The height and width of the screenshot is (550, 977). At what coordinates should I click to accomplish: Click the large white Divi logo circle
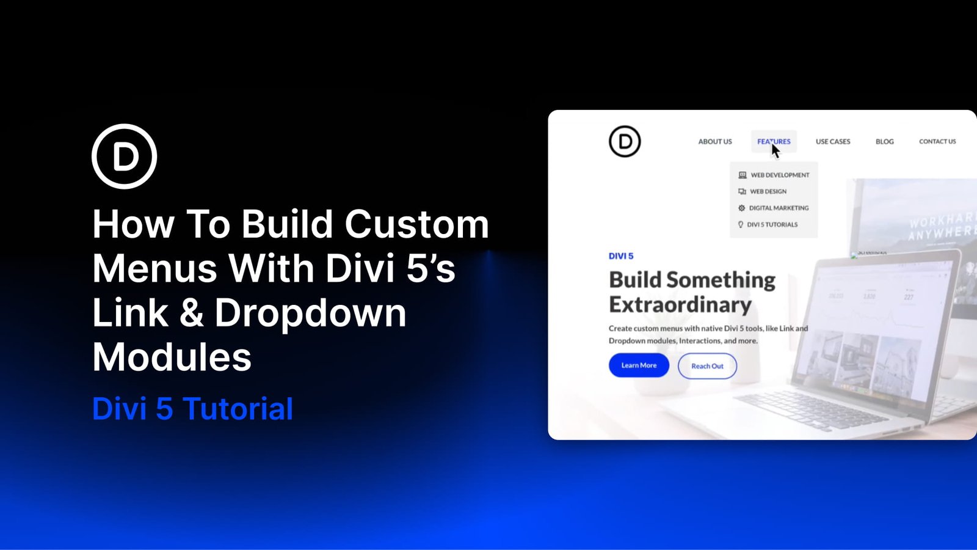click(125, 156)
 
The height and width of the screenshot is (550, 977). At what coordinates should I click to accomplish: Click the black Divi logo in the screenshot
click(625, 141)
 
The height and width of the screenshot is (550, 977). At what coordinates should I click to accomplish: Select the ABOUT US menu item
click(715, 142)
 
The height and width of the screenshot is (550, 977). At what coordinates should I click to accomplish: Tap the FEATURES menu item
click(774, 142)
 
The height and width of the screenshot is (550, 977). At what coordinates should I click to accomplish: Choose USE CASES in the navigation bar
click(833, 142)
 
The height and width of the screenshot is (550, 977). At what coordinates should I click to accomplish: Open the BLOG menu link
click(884, 142)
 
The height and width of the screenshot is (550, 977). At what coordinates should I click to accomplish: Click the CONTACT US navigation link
click(937, 142)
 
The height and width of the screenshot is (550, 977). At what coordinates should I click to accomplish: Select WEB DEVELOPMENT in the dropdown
click(780, 175)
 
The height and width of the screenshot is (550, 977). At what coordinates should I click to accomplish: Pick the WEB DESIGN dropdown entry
click(768, 192)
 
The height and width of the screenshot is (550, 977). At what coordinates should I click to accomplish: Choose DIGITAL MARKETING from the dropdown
click(779, 208)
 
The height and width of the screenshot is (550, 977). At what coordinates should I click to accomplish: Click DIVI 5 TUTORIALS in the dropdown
click(772, 225)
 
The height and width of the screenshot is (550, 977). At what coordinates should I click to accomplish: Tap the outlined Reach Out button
click(707, 366)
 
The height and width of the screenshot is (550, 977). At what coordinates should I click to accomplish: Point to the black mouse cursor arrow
click(775, 150)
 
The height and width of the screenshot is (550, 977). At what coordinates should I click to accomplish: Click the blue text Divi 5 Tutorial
click(192, 409)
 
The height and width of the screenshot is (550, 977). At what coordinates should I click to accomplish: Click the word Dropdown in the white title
click(310, 313)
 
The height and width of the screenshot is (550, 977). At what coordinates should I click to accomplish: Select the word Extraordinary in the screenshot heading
click(680, 304)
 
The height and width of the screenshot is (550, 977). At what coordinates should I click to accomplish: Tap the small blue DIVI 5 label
click(621, 256)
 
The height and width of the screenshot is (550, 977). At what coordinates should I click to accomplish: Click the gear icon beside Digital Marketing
click(742, 208)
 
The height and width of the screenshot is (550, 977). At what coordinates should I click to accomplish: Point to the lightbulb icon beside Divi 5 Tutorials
click(741, 225)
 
